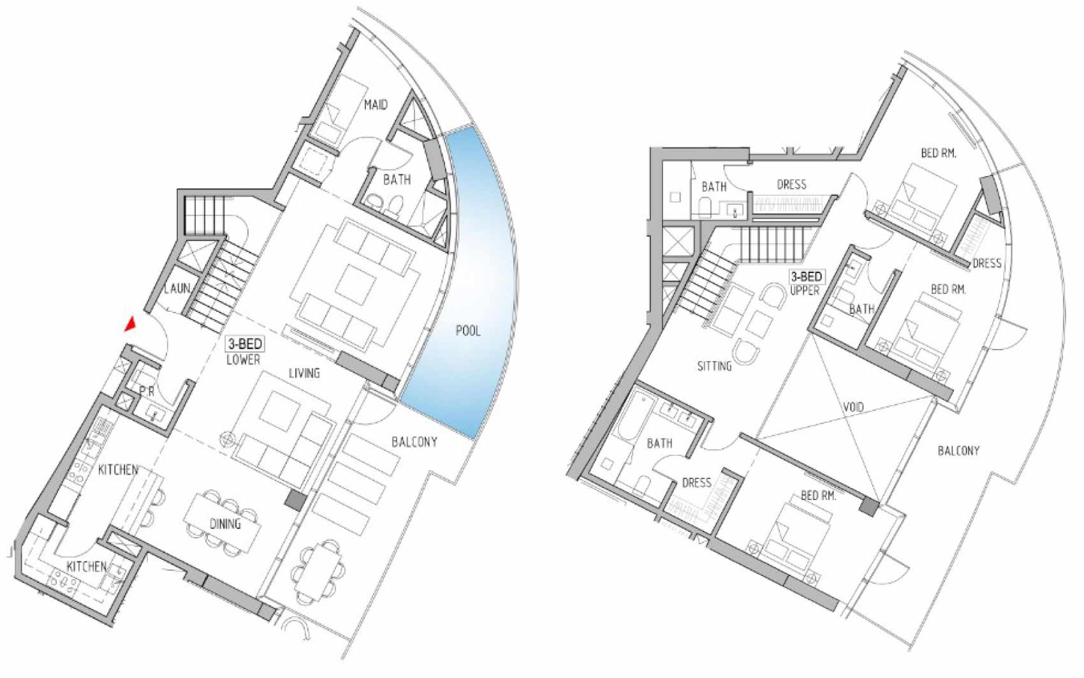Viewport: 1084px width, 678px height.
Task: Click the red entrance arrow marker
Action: pos(130,325)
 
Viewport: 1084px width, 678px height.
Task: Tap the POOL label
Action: pos(468,331)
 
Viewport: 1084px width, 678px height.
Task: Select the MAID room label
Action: pos(376,105)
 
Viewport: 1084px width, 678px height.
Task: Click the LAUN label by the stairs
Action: pos(177,289)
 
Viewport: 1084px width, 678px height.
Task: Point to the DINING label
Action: pos(225,524)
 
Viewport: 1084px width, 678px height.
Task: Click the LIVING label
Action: pos(304,373)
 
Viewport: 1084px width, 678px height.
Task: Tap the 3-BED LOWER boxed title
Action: pos(244,351)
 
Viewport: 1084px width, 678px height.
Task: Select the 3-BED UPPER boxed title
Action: pos(806,283)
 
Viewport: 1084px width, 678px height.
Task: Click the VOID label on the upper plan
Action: pos(853,408)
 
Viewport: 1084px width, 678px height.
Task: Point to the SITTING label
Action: pos(714,366)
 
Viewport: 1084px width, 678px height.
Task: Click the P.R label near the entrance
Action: pos(146,392)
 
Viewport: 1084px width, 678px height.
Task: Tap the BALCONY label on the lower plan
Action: pos(414,442)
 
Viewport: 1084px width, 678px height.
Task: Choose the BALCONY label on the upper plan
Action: pos(958,451)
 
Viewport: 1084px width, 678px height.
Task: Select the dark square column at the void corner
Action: pos(870,508)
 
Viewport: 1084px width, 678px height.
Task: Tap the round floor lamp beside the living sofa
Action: pos(226,440)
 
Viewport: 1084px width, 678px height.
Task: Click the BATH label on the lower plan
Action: pos(397,180)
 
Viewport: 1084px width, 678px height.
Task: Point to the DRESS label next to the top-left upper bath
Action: pos(792,184)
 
